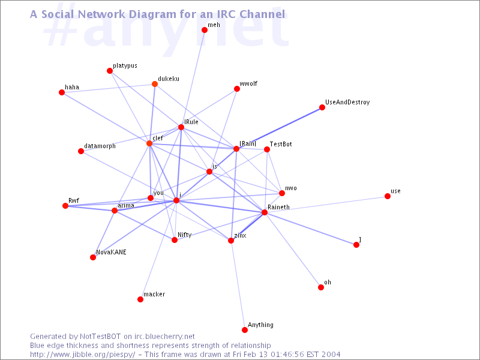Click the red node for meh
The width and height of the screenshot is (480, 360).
pos(205,29)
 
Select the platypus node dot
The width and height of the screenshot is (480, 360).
pos(110,71)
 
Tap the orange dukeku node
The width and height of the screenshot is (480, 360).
pos(155,84)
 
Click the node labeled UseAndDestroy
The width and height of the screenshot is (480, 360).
pos(322,107)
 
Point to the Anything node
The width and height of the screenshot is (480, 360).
pos(244,329)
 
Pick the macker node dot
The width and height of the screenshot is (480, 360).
pos(140,299)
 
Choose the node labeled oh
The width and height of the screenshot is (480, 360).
pos(321,287)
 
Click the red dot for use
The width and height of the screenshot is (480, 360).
pos(387,196)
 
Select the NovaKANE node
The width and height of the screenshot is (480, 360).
pos(93,257)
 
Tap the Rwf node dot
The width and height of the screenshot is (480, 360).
pos(65,206)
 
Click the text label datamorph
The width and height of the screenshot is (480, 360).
pos(100,146)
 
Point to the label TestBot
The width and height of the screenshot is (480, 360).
pos(281,144)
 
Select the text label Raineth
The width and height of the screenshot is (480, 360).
pos(278,207)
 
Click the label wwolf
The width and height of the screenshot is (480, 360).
pos(248,83)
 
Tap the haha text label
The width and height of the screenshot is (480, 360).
pos(72,87)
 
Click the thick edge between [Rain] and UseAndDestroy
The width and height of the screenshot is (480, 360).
pos(279,128)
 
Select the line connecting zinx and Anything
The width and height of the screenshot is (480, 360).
pos(238,285)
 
